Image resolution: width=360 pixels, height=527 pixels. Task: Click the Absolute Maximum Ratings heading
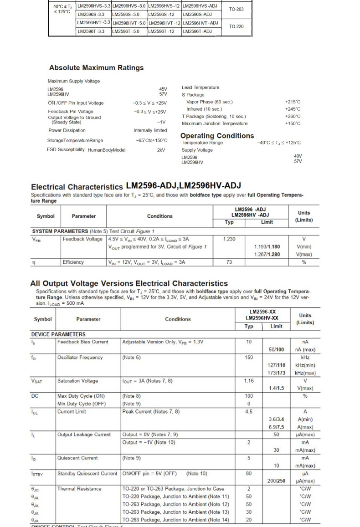tap(96, 68)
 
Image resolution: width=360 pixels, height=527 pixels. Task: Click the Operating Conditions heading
tap(217, 136)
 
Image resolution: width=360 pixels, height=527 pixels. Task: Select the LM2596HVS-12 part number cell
tap(164, 6)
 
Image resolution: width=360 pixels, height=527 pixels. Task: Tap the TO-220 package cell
tap(236, 26)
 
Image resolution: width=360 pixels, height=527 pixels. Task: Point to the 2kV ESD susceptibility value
tap(161, 150)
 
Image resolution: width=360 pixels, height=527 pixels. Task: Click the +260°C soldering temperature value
tap(293, 116)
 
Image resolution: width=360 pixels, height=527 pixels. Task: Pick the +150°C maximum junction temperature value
tap(293, 123)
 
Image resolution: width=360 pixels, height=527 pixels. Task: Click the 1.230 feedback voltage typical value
tap(229, 239)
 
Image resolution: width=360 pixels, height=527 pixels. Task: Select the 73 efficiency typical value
tap(229, 262)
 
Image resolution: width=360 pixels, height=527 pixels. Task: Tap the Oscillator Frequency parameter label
tap(80, 358)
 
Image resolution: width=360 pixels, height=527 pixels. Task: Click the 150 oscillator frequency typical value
tap(249, 358)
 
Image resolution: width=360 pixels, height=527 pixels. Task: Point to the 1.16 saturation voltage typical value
tap(249, 381)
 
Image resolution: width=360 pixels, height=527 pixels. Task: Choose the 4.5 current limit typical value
tap(249, 411)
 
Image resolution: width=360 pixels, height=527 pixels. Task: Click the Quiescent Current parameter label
tap(77, 458)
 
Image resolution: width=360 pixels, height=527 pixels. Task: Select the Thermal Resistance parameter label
tap(79, 489)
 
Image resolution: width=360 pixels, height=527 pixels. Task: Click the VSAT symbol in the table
tap(37, 381)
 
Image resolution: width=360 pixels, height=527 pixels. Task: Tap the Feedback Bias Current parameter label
tap(82, 342)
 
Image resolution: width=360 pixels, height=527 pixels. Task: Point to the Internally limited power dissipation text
tap(150, 130)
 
